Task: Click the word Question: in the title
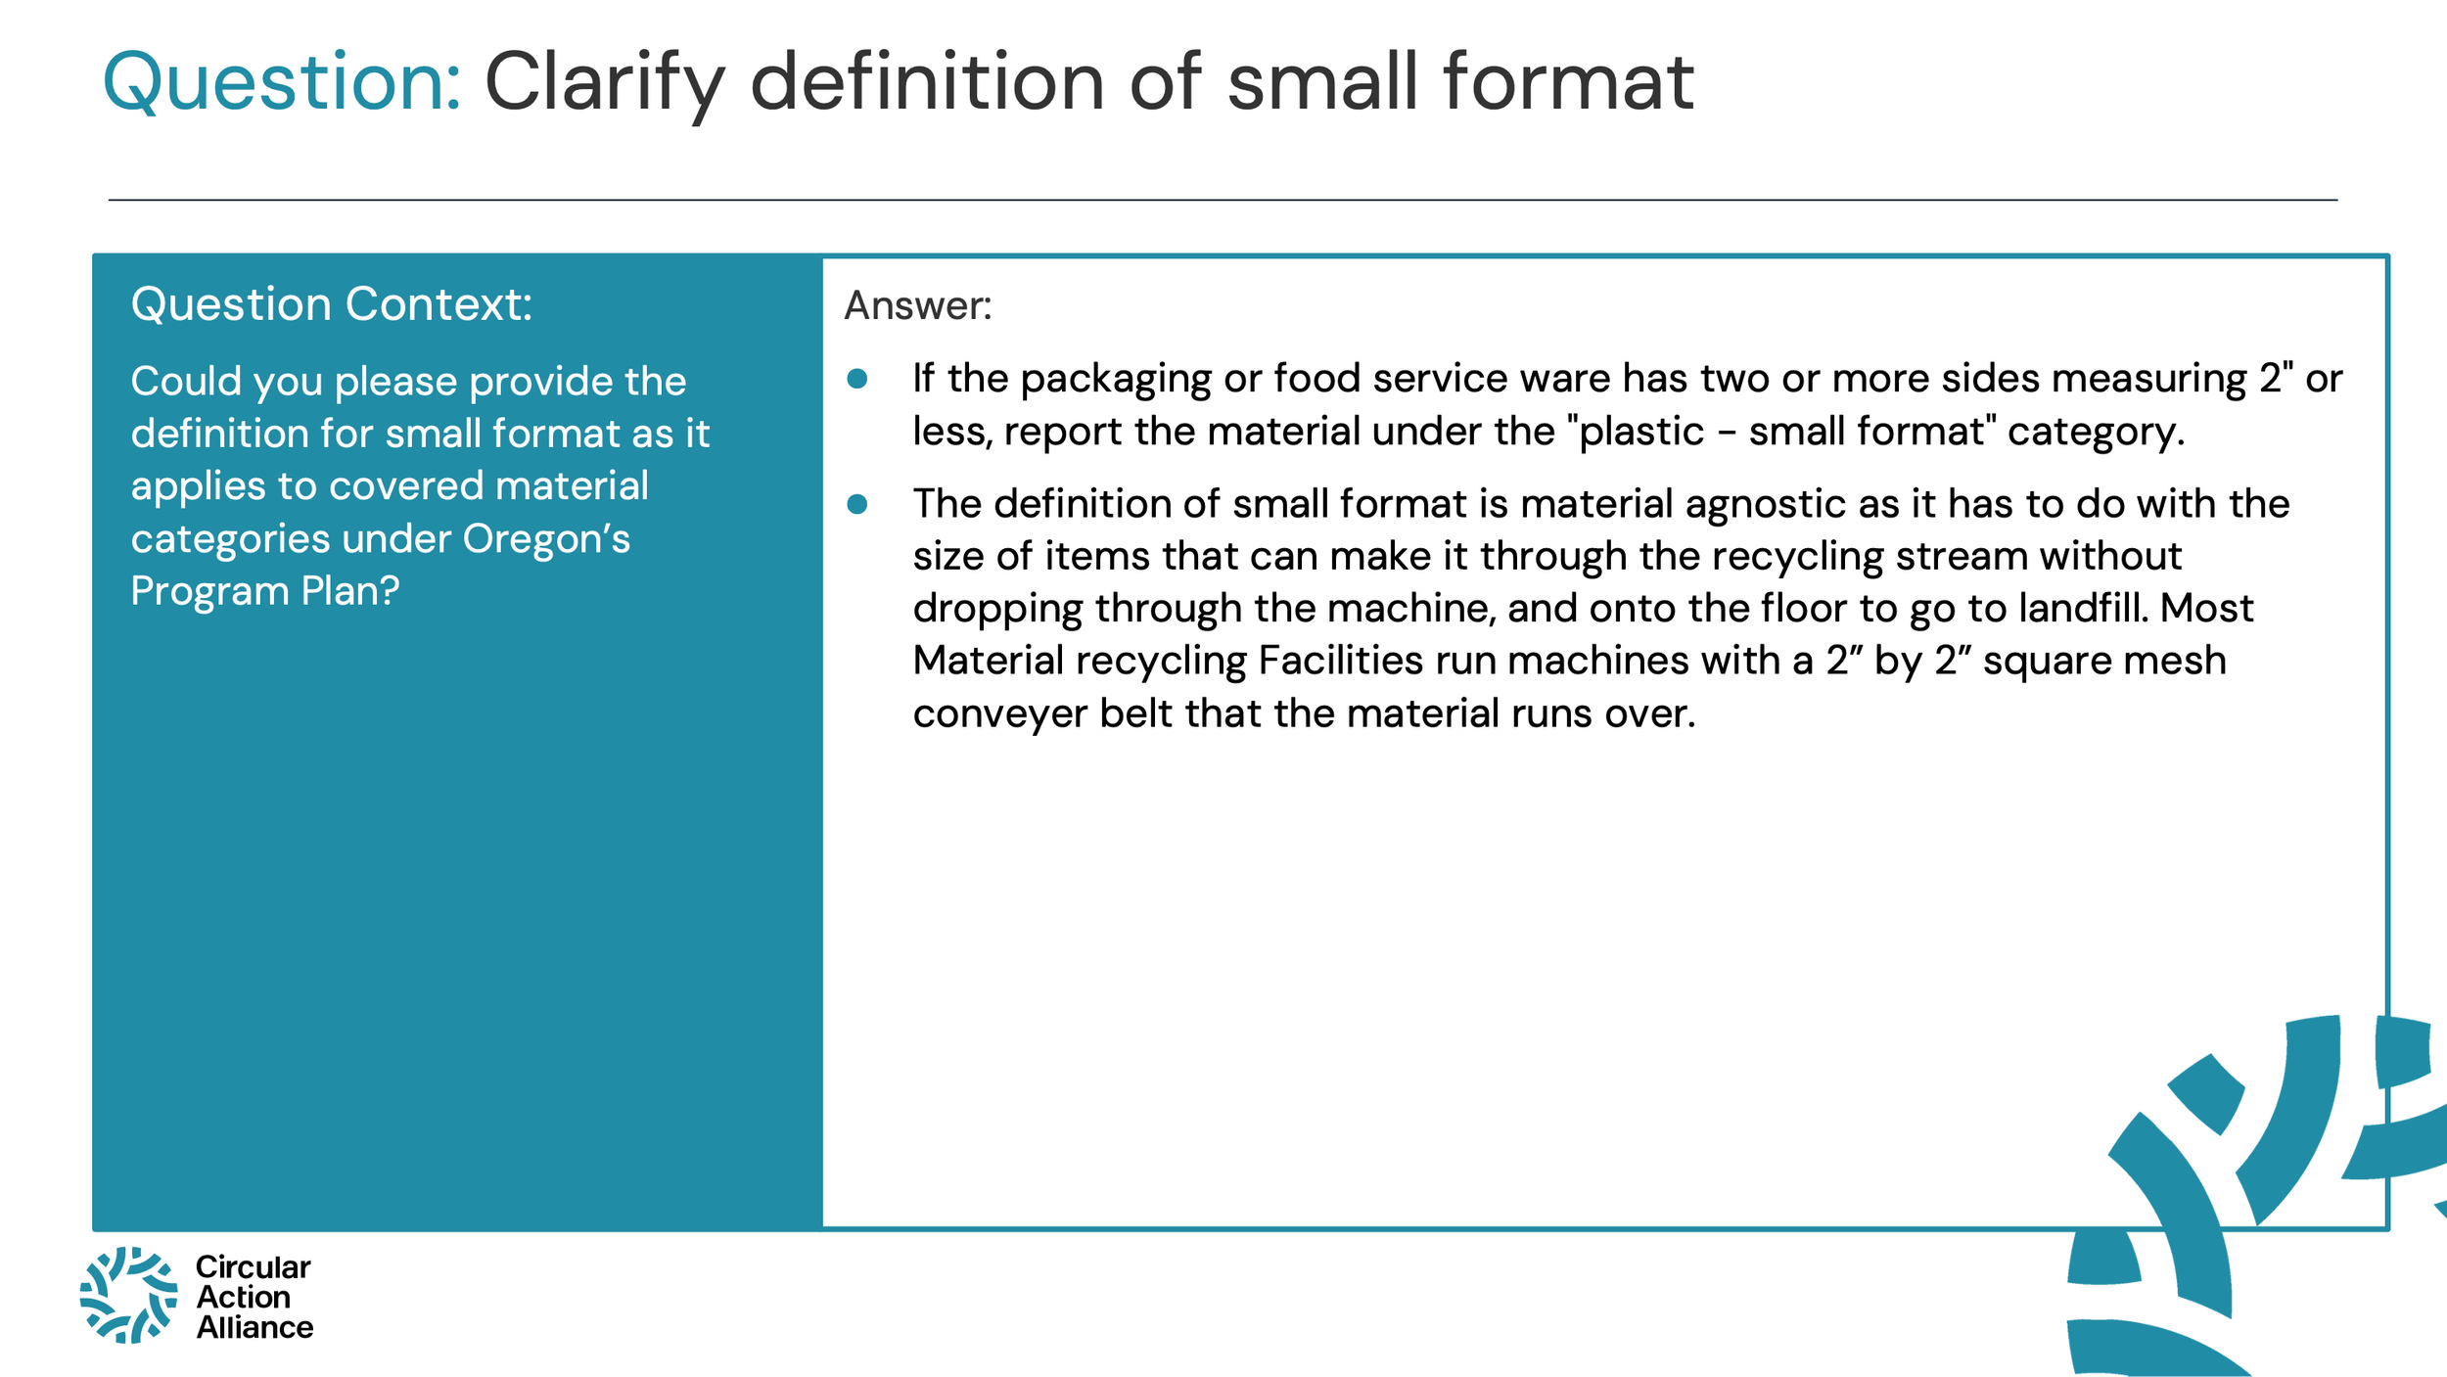[281, 82]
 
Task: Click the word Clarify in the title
[605, 82]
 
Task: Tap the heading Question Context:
[331, 304]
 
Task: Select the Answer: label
[917, 305]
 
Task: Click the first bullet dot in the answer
[857, 379]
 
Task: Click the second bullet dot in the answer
[857, 504]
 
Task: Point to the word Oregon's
[546, 538]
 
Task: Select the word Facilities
[1340, 661]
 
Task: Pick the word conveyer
[999, 713]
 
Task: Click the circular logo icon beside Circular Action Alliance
[128, 1295]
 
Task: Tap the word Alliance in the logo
[254, 1327]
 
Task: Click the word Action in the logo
[243, 1297]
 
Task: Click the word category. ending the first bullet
[2096, 433]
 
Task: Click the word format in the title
[1568, 82]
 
